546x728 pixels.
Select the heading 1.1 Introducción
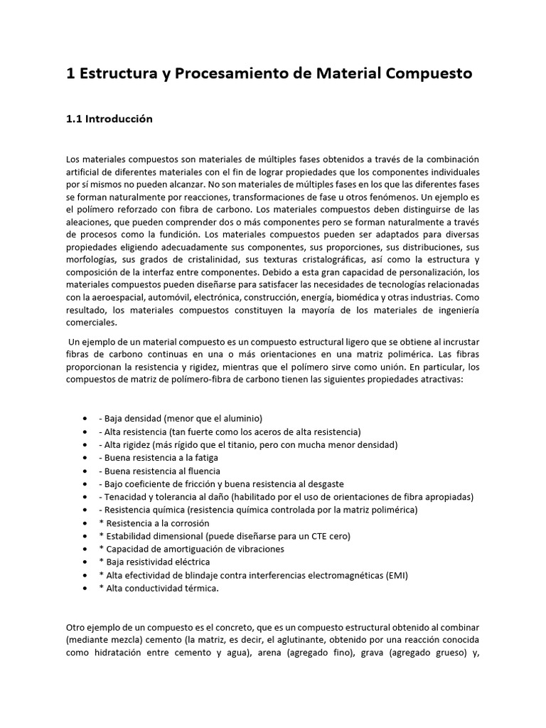coord(109,119)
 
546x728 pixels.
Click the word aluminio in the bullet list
coord(242,419)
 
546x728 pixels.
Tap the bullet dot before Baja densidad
coord(86,419)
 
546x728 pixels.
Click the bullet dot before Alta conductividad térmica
coord(86,588)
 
